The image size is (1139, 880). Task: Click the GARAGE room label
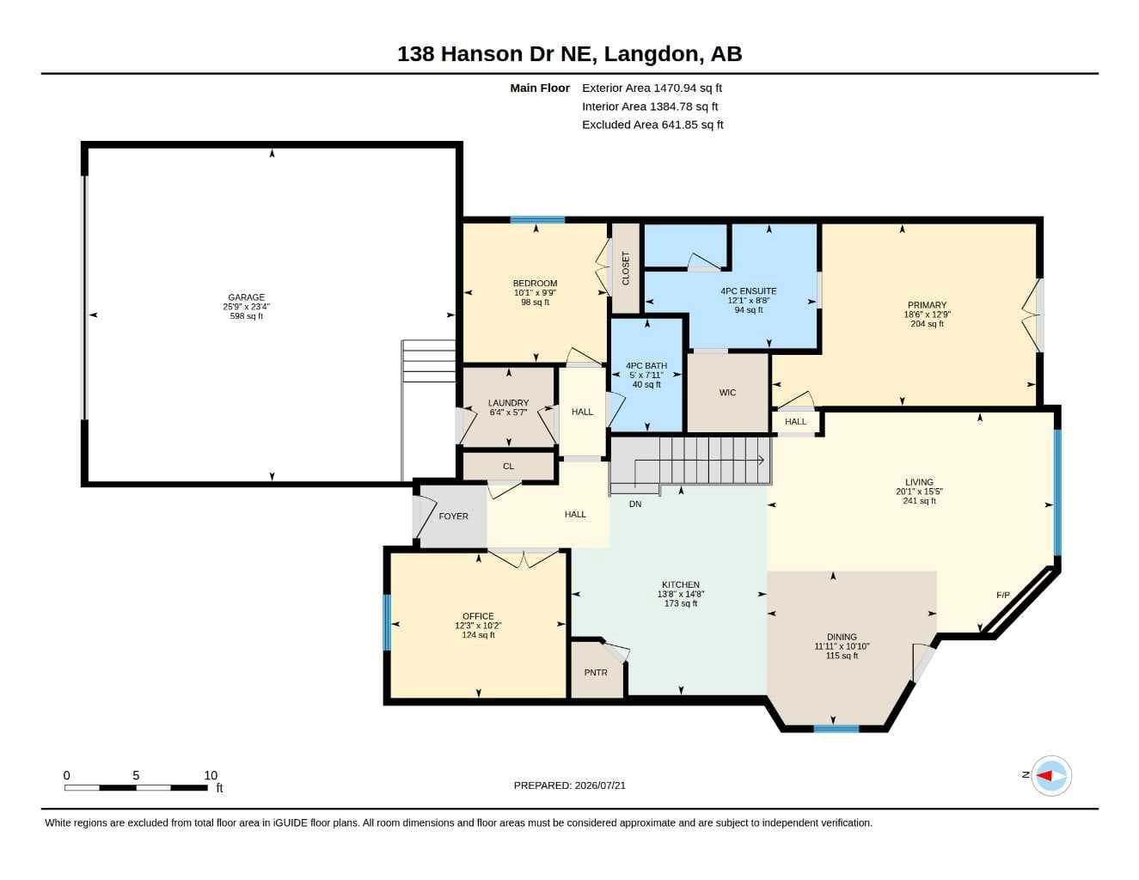[246, 297]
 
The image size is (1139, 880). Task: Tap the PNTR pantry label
[596, 673]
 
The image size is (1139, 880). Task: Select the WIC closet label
[727, 393]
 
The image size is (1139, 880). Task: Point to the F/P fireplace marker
[1002, 595]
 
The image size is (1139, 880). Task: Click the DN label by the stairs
[634, 504]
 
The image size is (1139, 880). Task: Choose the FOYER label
[453, 516]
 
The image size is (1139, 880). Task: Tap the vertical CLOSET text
[625, 268]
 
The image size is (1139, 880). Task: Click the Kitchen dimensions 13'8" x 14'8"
[680, 594]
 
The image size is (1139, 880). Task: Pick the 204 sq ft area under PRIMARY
[927, 324]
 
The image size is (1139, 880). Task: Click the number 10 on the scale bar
[211, 775]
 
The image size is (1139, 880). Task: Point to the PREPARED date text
[569, 785]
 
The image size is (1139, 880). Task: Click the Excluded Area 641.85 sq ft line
[652, 125]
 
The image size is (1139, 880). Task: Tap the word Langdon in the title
[651, 54]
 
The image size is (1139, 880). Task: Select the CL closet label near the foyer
[508, 466]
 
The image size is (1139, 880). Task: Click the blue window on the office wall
[387, 622]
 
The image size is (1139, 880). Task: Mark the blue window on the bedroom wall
[537, 220]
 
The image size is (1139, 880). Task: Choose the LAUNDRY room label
[508, 403]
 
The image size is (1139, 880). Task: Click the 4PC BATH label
[646, 365]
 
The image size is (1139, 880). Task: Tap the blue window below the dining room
[836, 729]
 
